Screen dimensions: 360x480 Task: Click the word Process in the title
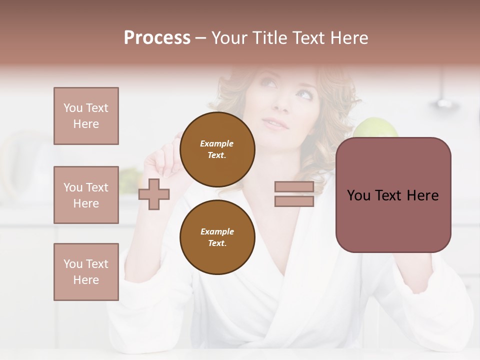tap(157, 38)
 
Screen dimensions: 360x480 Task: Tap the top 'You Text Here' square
tap(86, 116)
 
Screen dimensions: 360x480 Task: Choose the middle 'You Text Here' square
tap(86, 195)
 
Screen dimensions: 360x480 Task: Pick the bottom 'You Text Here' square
tap(86, 272)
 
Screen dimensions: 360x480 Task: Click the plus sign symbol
tap(154, 194)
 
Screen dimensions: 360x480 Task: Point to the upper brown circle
tap(217, 149)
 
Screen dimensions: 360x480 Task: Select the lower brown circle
tap(217, 237)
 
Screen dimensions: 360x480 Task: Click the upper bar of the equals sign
tap(294, 187)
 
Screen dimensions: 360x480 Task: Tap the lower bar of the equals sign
tap(294, 201)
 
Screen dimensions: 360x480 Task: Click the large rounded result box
tap(393, 195)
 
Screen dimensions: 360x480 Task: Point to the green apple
tap(376, 127)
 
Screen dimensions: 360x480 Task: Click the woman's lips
tap(274, 123)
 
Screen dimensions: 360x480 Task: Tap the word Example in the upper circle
tap(217, 143)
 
